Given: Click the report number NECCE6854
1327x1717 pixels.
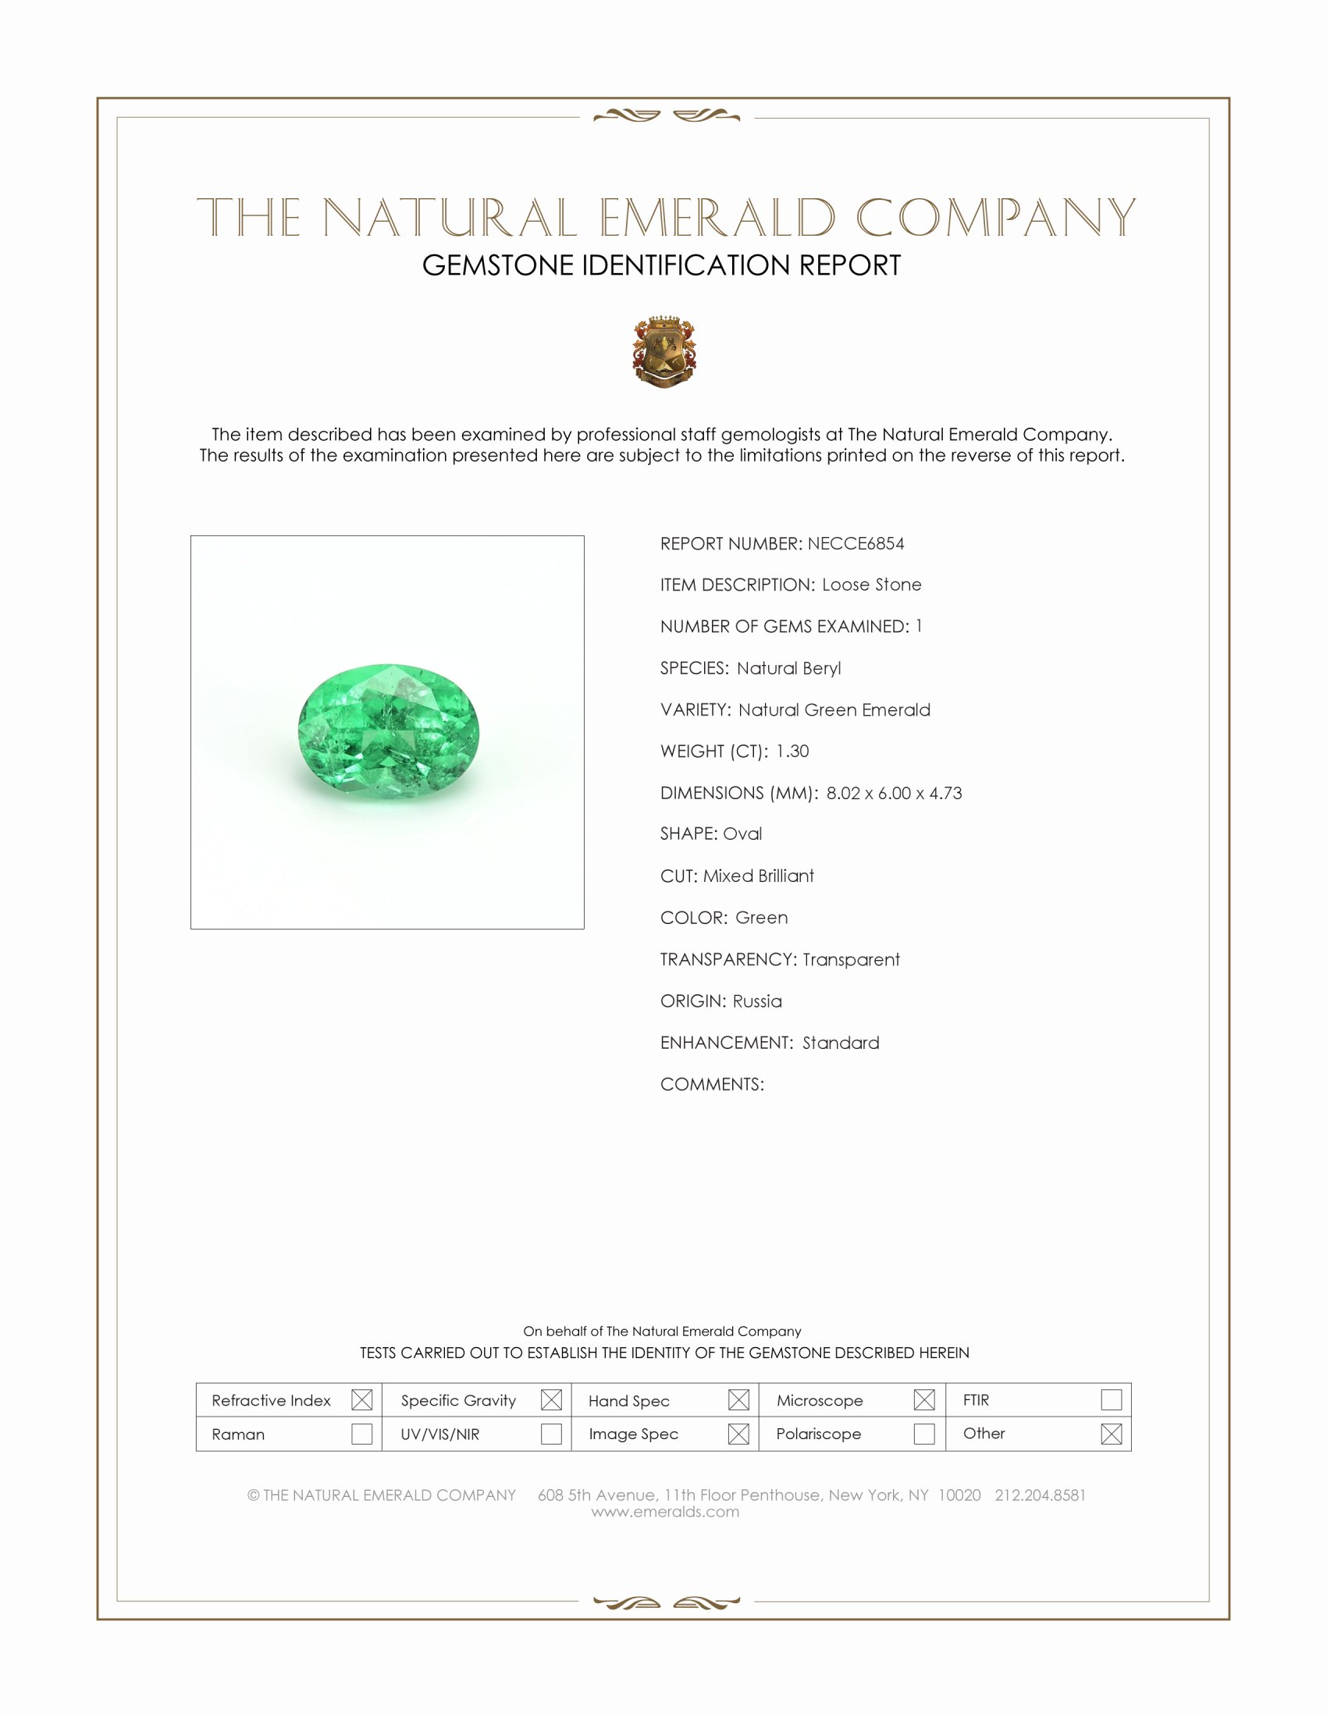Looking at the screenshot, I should pos(856,544).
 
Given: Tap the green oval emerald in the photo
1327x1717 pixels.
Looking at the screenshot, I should pos(389,732).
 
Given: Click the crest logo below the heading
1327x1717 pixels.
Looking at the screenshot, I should pos(664,351).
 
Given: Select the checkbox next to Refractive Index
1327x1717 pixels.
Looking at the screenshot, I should pos(361,1400).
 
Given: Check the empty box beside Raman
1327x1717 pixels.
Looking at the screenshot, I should pos(361,1434).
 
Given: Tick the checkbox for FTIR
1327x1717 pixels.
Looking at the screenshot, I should pos(1111,1400).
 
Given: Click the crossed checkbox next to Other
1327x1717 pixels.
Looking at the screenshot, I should pos(1111,1434).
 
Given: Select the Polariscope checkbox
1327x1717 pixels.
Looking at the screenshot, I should pos(924,1434).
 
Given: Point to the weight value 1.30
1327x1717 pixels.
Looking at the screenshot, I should pos(792,752).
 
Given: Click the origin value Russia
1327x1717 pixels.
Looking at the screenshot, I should pos(757,1001).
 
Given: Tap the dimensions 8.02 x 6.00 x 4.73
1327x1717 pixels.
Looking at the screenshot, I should pos(894,793).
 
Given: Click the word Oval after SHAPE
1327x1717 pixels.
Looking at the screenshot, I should pos(742,834).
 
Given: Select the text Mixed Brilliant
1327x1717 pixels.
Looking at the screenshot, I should pos(759,876).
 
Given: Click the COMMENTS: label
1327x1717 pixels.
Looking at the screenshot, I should pos(711,1085).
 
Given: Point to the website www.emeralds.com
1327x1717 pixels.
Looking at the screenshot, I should pos(665,1512).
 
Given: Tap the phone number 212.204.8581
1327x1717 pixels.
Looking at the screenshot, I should pos(1039,1495).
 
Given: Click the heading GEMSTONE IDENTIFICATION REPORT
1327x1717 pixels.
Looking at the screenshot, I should pos(661,265).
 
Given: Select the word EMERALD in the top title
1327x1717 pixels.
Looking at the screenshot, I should pos(717,218).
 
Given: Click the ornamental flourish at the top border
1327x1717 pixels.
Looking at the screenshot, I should pos(666,116).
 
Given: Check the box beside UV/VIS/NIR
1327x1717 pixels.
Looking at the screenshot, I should pos(551,1434).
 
